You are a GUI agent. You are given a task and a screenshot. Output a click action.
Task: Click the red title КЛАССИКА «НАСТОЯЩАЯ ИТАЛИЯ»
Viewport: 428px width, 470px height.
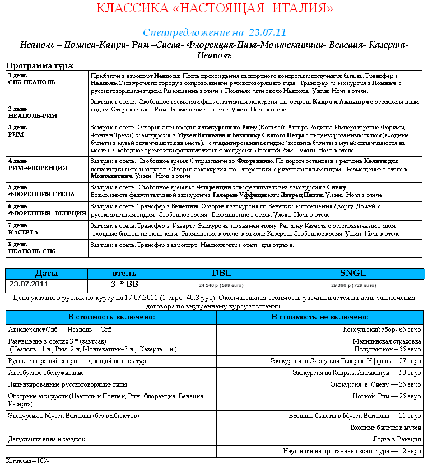tap(215, 8)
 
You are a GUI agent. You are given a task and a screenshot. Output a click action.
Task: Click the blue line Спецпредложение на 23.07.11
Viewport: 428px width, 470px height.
tap(214, 32)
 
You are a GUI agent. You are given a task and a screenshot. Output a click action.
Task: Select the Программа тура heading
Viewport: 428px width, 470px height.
tap(39, 65)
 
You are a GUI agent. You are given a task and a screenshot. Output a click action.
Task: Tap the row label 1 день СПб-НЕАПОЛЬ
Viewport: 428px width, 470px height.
tap(32, 78)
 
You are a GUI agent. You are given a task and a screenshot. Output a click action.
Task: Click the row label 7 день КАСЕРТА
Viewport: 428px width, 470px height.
tap(24, 228)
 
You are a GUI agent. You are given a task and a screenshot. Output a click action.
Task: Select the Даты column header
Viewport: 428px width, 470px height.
tap(46, 273)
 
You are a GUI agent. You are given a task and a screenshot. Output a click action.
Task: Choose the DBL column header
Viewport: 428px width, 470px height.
tap(221, 273)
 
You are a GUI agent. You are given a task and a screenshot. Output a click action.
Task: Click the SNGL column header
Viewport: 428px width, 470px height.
tap(353, 273)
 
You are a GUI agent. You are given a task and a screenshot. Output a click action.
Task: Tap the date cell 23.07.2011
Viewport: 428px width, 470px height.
tap(29, 284)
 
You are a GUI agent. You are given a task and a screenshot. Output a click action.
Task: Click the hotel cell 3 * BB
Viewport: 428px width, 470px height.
tap(124, 284)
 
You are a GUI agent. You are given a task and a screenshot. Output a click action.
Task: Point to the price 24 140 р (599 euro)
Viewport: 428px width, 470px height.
tap(221, 285)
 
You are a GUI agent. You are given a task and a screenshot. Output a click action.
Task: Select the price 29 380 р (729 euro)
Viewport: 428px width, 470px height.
tap(353, 285)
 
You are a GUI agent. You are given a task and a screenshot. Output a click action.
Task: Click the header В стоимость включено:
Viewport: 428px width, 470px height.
tap(111, 317)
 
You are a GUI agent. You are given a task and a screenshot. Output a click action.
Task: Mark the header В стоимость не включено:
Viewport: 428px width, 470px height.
tap(320, 317)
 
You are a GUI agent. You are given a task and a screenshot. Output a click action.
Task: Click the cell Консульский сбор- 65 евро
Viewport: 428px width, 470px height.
tap(382, 330)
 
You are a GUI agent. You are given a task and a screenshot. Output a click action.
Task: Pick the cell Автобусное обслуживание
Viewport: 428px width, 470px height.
tap(46, 372)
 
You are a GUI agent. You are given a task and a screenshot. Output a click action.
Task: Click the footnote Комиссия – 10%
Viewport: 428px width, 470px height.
tap(28, 461)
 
